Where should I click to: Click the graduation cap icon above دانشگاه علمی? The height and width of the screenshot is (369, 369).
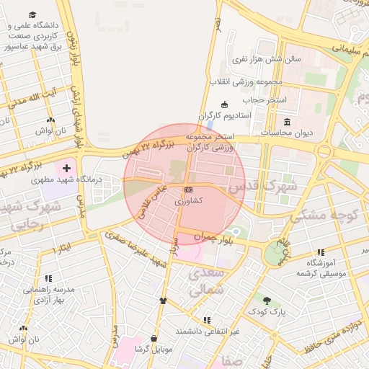tap(33, 14)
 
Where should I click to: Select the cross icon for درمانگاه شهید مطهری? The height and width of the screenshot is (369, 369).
tap(67, 168)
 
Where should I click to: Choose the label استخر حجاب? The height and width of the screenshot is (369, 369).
tap(264, 99)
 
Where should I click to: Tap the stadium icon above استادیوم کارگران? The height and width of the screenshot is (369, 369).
tap(224, 105)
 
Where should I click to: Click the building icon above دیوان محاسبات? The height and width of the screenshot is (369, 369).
tap(288, 121)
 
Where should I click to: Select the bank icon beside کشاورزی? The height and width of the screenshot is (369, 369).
tap(189, 190)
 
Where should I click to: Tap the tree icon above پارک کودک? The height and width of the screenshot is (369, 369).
tap(267, 301)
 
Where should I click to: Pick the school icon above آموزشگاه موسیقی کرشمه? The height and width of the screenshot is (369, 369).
tap(320, 252)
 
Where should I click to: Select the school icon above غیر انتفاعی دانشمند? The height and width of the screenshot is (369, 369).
tap(207, 320)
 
